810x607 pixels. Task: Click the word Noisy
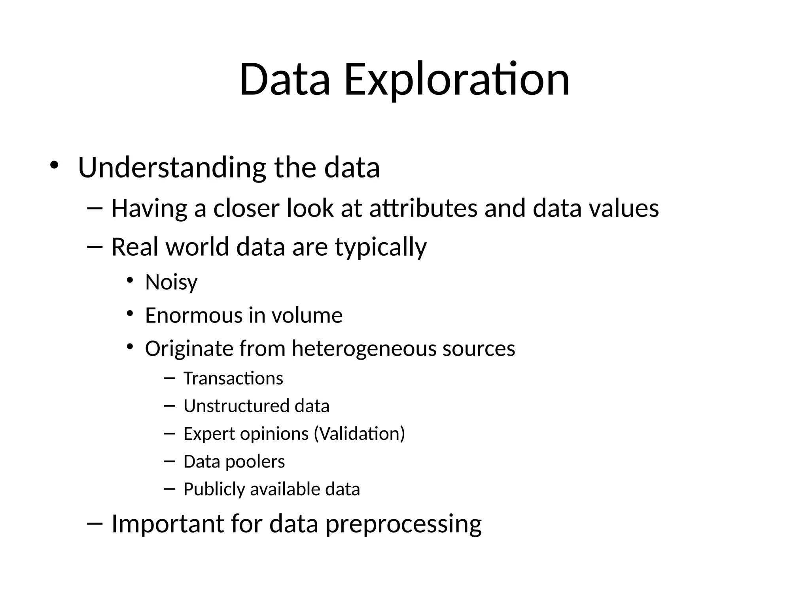[171, 283]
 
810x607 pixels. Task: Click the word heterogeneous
[363, 349]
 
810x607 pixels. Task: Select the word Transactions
[233, 379]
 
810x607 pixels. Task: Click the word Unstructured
[236, 406]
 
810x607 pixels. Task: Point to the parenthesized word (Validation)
[360, 434]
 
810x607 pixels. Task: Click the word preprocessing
[403, 524]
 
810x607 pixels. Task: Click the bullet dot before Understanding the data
[54, 165]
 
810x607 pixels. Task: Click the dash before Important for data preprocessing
[95, 523]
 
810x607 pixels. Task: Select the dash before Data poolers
[169, 460]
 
